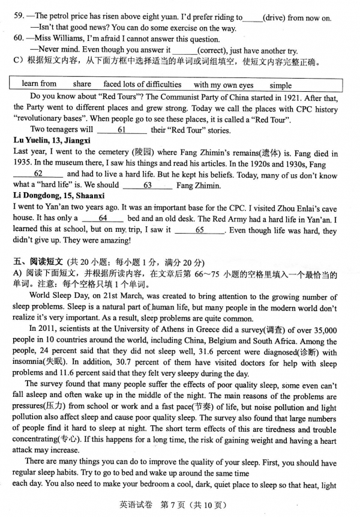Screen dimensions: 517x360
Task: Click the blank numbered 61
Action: tap(121, 130)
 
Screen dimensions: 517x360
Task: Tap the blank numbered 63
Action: tap(147, 185)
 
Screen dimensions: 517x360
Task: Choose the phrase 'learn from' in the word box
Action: tap(39, 85)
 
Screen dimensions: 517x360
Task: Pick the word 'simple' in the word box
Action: tap(280, 85)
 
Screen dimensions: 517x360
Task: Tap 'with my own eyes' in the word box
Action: tap(223, 85)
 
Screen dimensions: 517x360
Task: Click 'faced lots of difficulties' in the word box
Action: tap(142, 85)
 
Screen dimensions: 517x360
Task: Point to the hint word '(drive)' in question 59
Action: tap(276, 18)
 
